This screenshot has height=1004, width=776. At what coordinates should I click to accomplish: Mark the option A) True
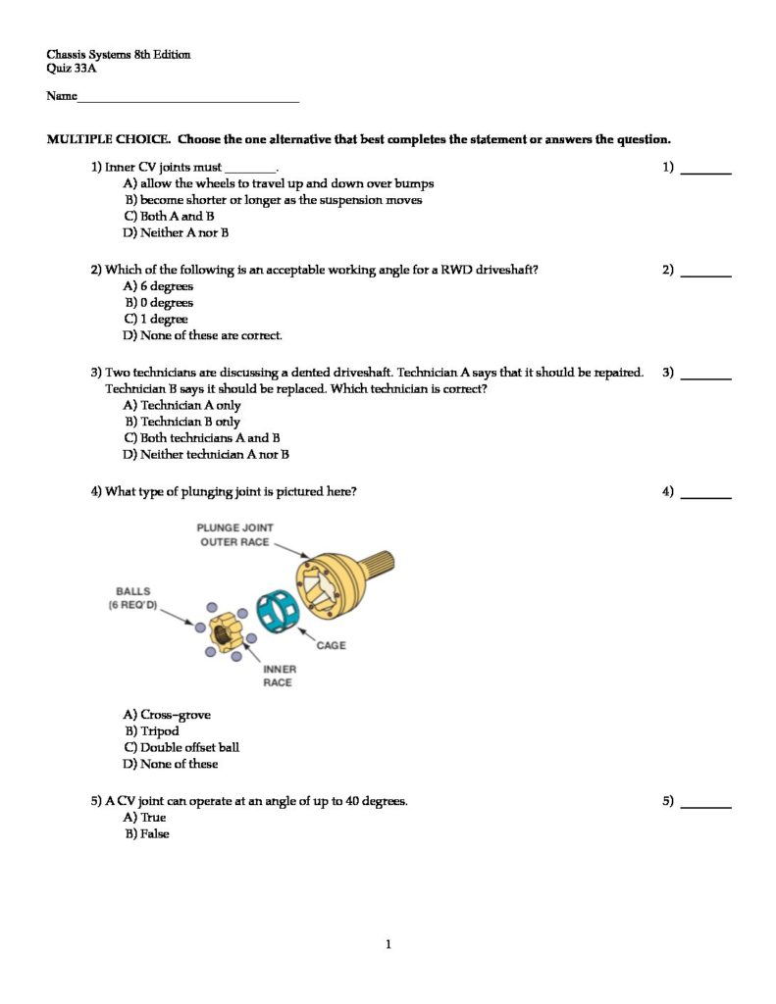145,817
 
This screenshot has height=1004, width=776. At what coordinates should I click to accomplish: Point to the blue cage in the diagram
276,614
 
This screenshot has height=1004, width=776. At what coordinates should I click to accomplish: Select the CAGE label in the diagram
331,645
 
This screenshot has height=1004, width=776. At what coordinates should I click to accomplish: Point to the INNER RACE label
278,676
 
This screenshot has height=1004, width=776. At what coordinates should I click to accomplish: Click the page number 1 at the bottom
388,944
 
